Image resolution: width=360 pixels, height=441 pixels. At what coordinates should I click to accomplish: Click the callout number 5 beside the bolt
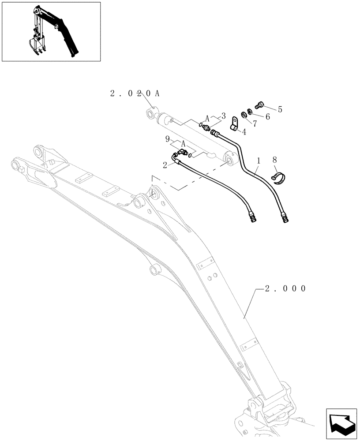pos(280,108)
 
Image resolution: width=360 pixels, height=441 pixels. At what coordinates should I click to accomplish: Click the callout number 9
pos(168,139)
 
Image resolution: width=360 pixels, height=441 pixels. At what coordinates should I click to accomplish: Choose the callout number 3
pos(224,116)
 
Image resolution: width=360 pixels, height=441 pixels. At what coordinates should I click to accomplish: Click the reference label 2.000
pos(285,288)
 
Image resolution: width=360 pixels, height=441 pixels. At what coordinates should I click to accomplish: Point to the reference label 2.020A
pos(135,93)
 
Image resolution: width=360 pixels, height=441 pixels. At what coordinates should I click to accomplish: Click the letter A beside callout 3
pos(206,118)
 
